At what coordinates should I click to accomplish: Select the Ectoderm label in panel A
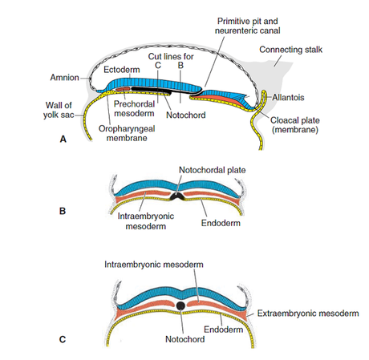(121, 71)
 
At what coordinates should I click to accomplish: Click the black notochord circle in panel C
(182, 306)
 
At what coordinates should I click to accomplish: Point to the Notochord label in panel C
(181, 339)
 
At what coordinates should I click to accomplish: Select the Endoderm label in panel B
(224, 221)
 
